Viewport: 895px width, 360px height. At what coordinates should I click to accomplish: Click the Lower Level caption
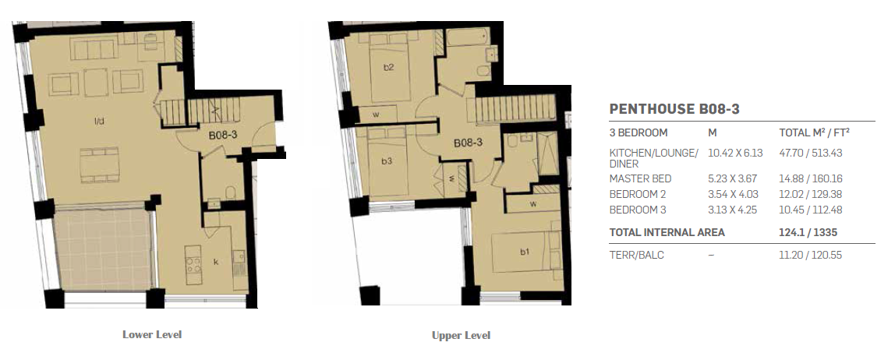click(152, 334)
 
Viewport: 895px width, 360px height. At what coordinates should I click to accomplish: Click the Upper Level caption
click(462, 336)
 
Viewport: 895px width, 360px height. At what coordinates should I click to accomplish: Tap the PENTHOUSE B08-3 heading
click(674, 109)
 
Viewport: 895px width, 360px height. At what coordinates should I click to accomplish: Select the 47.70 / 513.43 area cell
click(811, 153)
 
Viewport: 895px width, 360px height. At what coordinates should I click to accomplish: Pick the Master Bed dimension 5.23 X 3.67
click(733, 178)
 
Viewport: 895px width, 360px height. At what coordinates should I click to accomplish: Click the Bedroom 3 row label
click(638, 210)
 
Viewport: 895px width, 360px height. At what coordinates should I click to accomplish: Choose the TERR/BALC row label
click(636, 255)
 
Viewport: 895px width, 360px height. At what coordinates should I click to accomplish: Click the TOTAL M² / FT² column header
click(815, 132)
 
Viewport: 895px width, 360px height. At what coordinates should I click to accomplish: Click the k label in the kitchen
click(216, 262)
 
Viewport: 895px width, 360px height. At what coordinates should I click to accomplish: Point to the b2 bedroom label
click(389, 67)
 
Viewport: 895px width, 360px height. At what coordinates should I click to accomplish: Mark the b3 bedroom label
click(387, 161)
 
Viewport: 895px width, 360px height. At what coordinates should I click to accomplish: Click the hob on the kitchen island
click(193, 264)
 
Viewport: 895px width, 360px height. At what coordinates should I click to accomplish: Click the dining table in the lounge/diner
click(99, 165)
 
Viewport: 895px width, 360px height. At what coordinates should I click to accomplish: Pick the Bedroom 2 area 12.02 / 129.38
click(811, 195)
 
